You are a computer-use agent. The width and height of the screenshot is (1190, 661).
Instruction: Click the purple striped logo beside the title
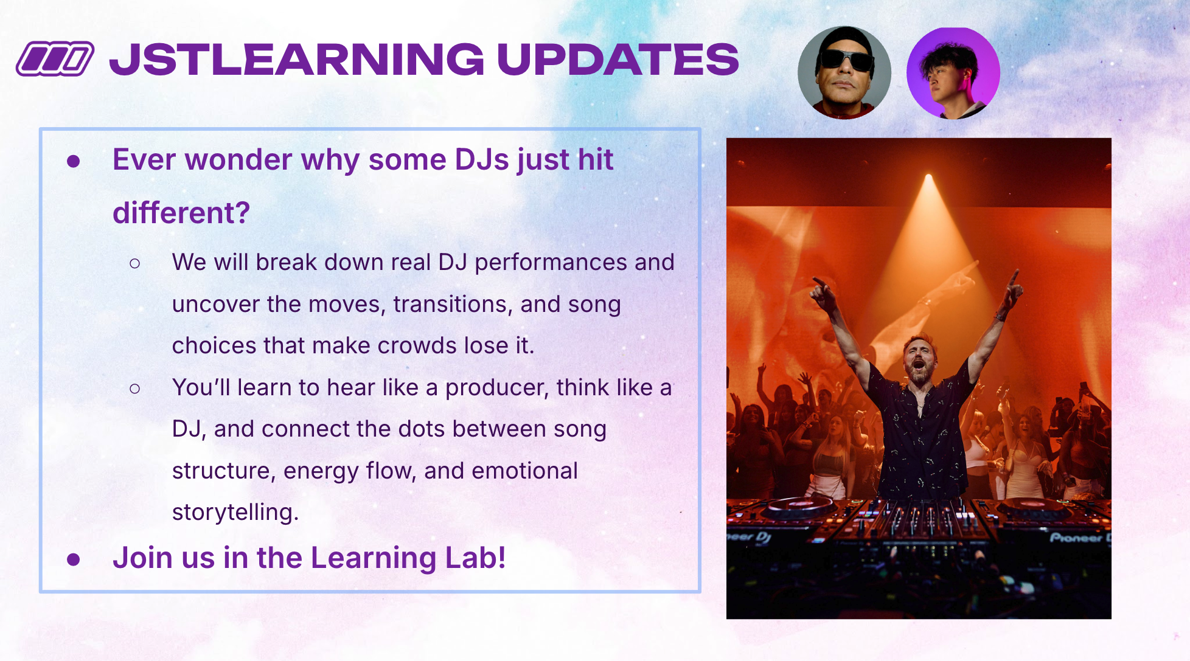pos(55,59)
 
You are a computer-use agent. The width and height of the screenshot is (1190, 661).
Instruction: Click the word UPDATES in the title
pos(618,60)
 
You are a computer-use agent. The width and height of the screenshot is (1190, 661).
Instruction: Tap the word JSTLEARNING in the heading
pos(297,60)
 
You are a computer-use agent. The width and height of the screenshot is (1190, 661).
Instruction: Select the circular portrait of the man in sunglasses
pos(844,72)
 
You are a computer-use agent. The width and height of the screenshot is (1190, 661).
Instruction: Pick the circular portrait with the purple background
pos(953,73)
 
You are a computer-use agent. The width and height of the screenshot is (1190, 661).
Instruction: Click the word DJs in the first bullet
pos(482,159)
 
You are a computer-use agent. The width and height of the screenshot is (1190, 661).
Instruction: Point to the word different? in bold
pos(181,213)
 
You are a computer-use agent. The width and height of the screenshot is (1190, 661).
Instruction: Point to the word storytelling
pos(235,513)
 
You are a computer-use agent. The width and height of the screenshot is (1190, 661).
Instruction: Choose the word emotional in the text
pos(524,471)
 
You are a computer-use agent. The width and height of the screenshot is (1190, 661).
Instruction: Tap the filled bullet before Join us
pos(74,559)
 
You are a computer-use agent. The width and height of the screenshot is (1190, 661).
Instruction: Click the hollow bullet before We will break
pos(135,263)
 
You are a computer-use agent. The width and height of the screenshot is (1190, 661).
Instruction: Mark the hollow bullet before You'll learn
pos(135,389)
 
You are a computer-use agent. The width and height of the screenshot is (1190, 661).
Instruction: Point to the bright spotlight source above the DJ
pos(928,178)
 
